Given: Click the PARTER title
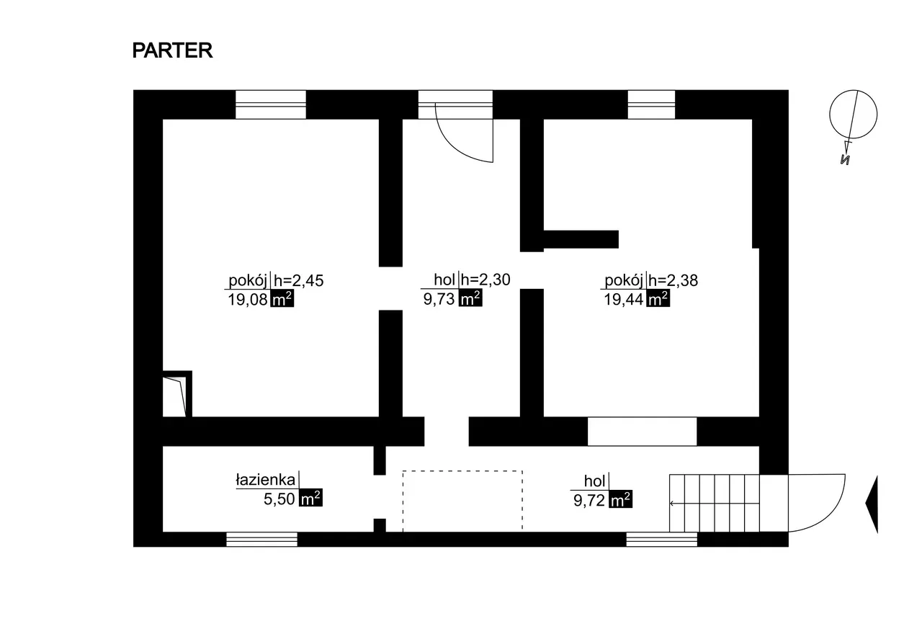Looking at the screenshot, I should pyautogui.click(x=172, y=51).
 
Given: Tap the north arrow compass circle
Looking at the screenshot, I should pyautogui.click(x=854, y=115).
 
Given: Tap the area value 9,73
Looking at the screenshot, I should pyautogui.click(x=439, y=300).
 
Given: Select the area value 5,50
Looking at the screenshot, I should pyautogui.click(x=280, y=499).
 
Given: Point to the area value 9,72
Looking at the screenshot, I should pyautogui.click(x=590, y=499).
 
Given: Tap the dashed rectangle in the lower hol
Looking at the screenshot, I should pyautogui.click(x=462, y=501).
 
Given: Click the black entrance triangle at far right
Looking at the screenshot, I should pyautogui.click(x=872, y=504).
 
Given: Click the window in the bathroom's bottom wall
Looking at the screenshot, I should pyautogui.click(x=261, y=539).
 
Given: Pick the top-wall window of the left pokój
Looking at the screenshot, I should pyautogui.click(x=271, y=104).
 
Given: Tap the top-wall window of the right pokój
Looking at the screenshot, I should pyautogui.click(x=651, y=104).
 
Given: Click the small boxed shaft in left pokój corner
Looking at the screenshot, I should pyautogui.click(x=176, y=394).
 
